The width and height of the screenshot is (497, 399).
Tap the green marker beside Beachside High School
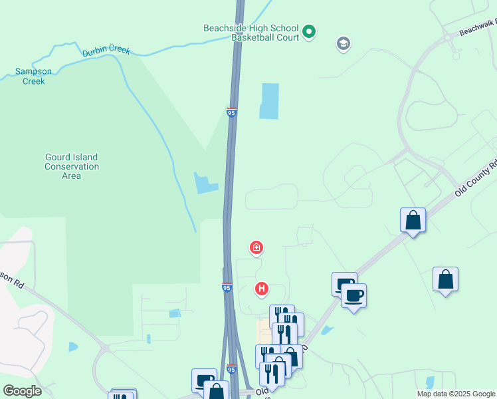[308, 31]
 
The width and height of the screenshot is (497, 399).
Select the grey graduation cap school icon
[344, 45]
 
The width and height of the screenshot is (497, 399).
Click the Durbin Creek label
[106, 51]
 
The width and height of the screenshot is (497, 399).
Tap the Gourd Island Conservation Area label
[71, 166]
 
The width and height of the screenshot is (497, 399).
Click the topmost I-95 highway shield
[231, 112]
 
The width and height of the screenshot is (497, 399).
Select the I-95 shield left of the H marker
[227, 287]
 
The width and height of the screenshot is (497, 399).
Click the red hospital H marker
[262, 289]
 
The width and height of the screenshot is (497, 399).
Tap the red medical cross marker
[256, 249]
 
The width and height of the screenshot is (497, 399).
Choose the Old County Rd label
[476, 178]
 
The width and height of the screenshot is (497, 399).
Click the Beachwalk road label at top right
[478, 27]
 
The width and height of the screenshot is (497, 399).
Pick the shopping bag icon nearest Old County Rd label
[413, 220]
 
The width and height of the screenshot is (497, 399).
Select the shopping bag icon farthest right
[445, 280]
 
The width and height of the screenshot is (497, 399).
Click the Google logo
[22, 390]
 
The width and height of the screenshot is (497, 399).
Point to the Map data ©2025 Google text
[456, 394]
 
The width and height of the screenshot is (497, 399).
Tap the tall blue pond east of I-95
[269, 101]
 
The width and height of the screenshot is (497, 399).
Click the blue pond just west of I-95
[205, 183]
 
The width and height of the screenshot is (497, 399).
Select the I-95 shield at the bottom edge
[231, 369]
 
